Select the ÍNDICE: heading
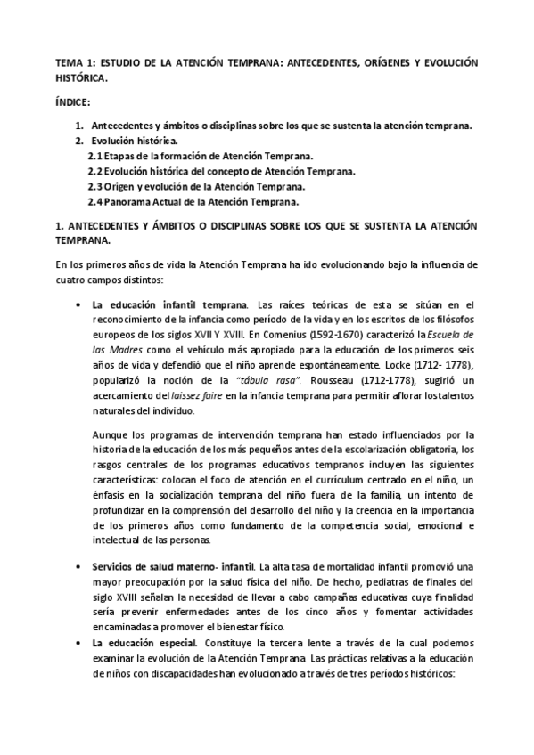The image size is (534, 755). pos(73,102)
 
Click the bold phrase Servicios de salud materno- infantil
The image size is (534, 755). pos(173,566)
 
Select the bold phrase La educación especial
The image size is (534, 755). pos(144,641)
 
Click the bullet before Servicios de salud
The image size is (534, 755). pos(80,566)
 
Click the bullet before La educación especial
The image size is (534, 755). pos(80,641)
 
